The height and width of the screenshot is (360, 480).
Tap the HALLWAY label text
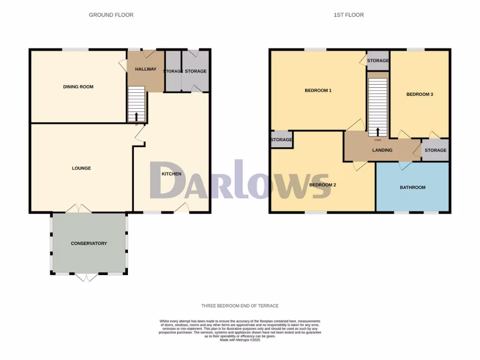pos(146,69)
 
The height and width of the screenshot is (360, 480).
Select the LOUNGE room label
pos(82,168)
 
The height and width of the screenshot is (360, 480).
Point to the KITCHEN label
pos(172,174)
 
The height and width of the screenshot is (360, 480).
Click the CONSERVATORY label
pos(89,243)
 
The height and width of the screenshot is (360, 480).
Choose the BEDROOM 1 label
pos(318,90)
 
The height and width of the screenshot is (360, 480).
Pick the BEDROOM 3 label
pos(420,94)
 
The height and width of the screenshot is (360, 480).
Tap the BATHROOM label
pos(412,187)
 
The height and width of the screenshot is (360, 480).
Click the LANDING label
pos(382,150)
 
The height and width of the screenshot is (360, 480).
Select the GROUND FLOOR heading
pos(111,15)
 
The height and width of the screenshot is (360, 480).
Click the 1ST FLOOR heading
pos(349,15)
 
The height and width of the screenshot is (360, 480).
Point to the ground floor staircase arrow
pos(137,116)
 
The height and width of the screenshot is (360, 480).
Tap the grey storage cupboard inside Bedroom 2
pos(281,140)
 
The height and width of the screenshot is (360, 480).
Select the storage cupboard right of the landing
pos(435,150)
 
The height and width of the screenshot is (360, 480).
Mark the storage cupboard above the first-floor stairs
pos(378,60)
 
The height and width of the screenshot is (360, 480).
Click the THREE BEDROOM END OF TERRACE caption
pos(240,306)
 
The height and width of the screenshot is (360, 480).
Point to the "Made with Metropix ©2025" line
pos(240,340)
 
